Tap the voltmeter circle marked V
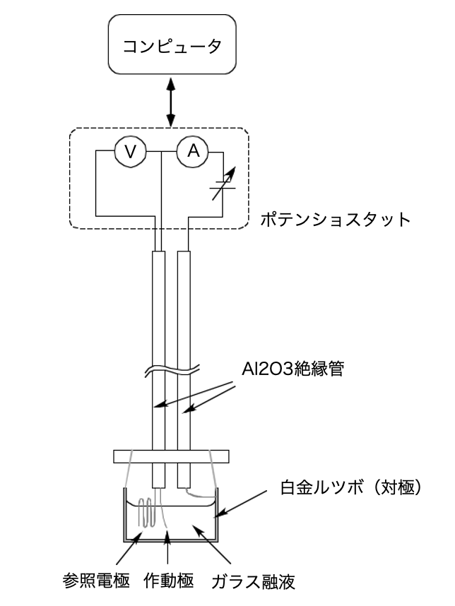click(x=130, y=150)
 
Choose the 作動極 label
click(x=168, y=582)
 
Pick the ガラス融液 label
click(x=252, y=582)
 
